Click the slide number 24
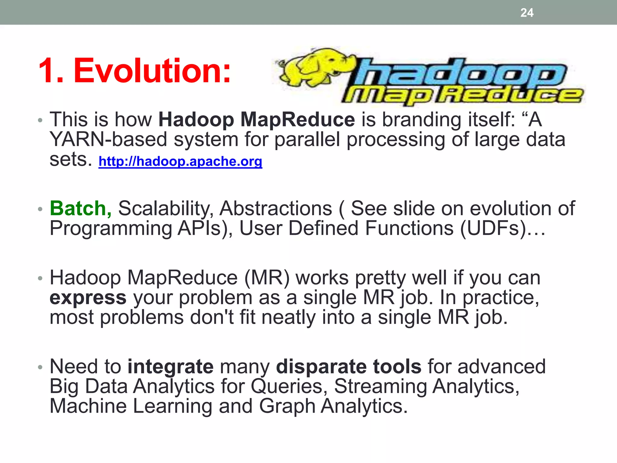click(x=527, y=13)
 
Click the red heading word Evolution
click(x=152, y=71)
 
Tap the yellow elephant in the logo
click(x=313, y=68)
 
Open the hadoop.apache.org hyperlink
click(x=180, y=161)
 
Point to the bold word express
click(x=88, y=298)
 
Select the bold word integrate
click(x=171, y=367)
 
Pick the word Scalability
click(x=166, y=208)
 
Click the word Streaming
click(x=381, y=386)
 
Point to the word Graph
click(x=287, y=406)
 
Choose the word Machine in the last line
click(x=88, y=406)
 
